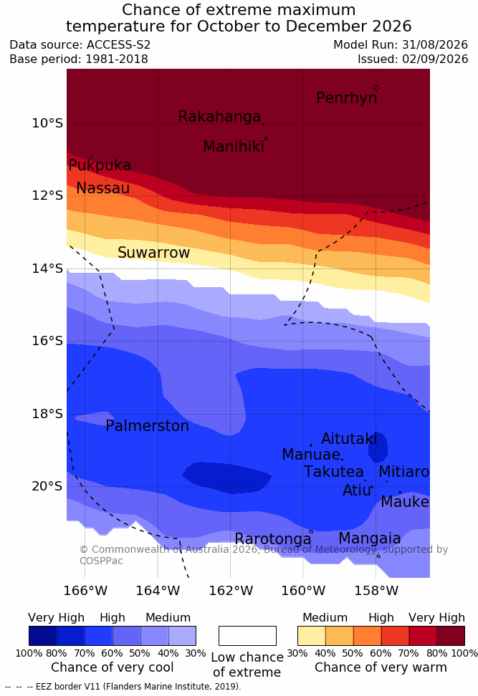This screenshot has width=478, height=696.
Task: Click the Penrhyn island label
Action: [347, 98]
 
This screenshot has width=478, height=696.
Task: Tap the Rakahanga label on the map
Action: [219, 117]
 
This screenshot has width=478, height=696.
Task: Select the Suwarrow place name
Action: [153, 253]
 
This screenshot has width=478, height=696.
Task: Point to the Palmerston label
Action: [148, 426]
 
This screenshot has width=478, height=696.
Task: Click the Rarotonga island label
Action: [273, 539]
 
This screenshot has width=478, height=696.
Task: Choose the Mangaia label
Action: [370, 538]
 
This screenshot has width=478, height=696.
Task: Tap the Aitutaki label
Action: [349, 439]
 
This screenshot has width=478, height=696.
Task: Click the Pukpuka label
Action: [100, 165]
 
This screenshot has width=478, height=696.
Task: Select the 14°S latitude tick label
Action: [47, 269]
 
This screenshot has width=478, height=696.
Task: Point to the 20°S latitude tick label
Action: [47, 486]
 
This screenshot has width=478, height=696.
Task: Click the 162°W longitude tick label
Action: [231, 591]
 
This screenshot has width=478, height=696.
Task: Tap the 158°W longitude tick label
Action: [376, 591]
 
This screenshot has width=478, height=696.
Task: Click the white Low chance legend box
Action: [247, 636]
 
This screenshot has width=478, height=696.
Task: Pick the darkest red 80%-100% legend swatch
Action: [451, 636]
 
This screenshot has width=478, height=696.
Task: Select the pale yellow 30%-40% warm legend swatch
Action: [312, 636]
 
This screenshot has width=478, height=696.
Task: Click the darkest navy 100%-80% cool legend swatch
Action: [43, 636]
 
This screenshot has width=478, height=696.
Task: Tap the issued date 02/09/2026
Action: [435, 59]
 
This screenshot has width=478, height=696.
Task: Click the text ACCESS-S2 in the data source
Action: [119, 45]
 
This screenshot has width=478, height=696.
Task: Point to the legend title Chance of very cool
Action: [113, 667]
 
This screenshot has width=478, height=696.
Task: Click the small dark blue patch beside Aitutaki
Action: [378, 448]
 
